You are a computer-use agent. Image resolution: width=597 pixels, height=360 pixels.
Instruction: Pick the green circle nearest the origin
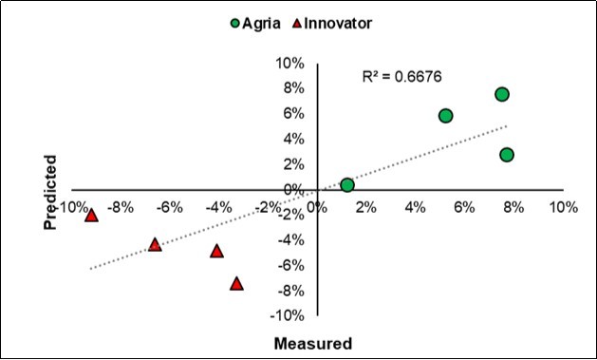(347, 185)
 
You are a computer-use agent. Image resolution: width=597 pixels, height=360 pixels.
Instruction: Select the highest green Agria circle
(502, 94)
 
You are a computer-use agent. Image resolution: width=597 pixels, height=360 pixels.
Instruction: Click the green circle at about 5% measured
(445, 116)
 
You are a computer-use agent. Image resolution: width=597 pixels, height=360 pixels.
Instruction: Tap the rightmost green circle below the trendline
(507, 155)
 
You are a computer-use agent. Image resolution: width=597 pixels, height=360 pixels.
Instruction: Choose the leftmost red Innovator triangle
(92, 215)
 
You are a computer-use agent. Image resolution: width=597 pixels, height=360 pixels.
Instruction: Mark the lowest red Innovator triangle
(236, 283)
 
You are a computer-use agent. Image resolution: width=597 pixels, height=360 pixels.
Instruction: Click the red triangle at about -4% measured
(216, 251)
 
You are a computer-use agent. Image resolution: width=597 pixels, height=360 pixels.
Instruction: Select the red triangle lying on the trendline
(155, 244)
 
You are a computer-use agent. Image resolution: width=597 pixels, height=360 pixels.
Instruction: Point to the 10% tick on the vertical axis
(289, 64)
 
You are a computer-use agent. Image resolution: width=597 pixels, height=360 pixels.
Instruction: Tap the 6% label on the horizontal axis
(464, 206)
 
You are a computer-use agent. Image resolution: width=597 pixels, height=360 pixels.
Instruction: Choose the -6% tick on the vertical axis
(289, 265)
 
